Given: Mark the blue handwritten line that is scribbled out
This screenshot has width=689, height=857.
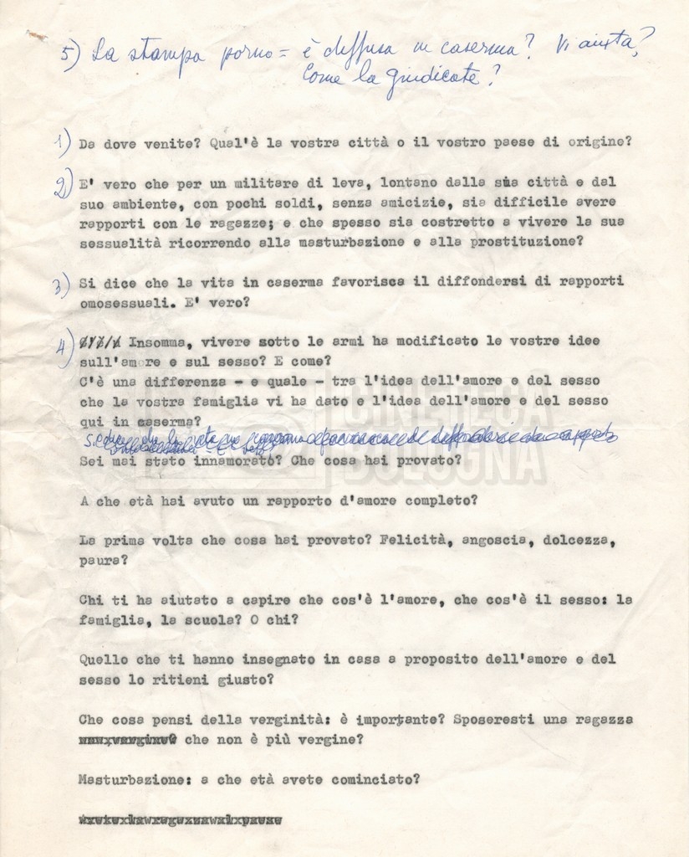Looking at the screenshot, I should coord(351,437).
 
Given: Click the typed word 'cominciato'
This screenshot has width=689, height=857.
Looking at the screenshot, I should coord(373,779).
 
